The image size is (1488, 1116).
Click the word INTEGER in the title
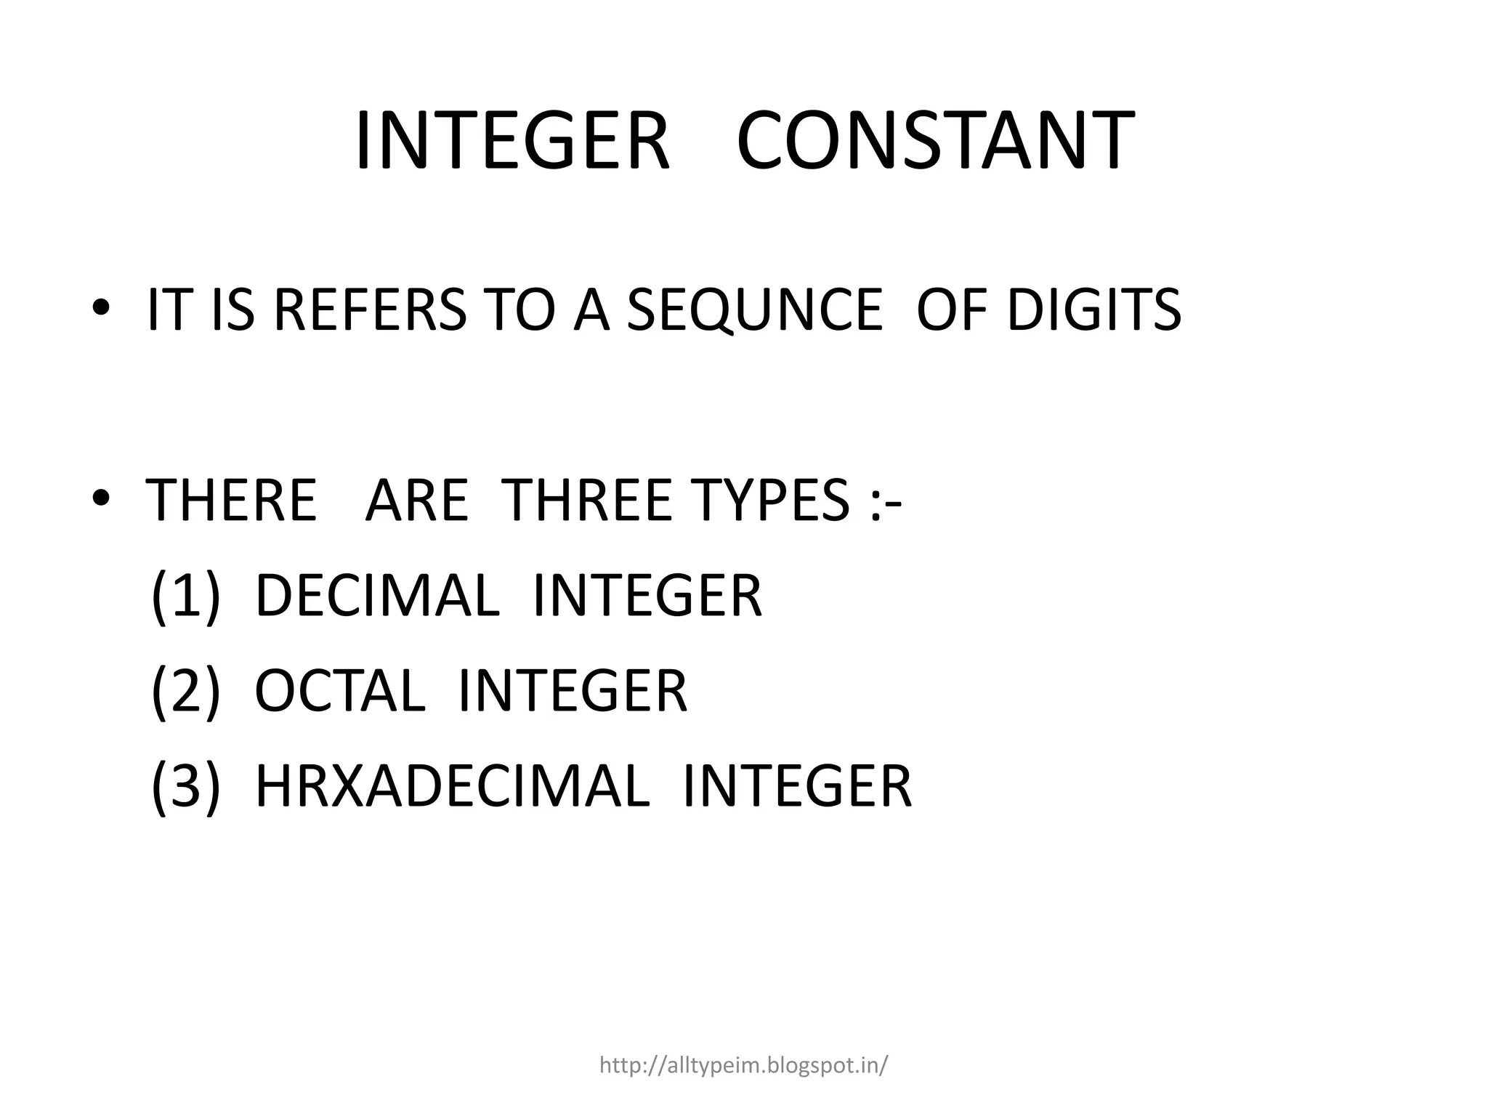tap(511, 142)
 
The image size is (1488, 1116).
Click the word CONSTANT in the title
tap(935, 142)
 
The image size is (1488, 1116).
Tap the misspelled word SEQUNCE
tap(754, 310)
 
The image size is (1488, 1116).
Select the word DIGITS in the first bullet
tap(1094, 310)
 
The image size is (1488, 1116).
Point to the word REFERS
tap(371, 310)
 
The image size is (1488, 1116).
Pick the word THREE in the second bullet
tap(587, 501)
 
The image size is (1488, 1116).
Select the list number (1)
tap(185, 597)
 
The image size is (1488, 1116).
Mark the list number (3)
tap(185, 786)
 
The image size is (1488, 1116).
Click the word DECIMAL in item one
tap(377, 597)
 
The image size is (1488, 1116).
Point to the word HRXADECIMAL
tap(452, 786)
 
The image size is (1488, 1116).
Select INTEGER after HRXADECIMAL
tap(797, 786)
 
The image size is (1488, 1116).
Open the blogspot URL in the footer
tap(743, 1066)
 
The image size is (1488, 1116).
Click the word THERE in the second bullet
tap(232, 501)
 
